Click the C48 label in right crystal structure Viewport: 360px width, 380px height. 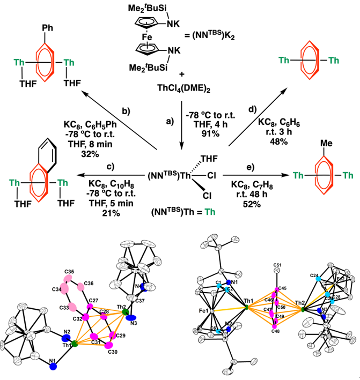276,331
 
